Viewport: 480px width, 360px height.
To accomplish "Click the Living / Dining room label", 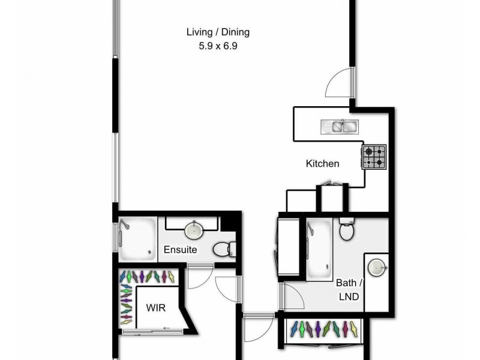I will tap(217, 32).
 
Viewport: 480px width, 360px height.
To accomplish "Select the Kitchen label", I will tap(322, 163).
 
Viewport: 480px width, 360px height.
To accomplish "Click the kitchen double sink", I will tap(340, 126).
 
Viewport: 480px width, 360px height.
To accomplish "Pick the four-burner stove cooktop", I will tap(373, 157).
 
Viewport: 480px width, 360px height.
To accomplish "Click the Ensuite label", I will tap(180, 250).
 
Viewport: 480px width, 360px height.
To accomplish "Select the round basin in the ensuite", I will tap(194, 230).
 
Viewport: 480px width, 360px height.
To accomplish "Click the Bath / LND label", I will tap(348, 289).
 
